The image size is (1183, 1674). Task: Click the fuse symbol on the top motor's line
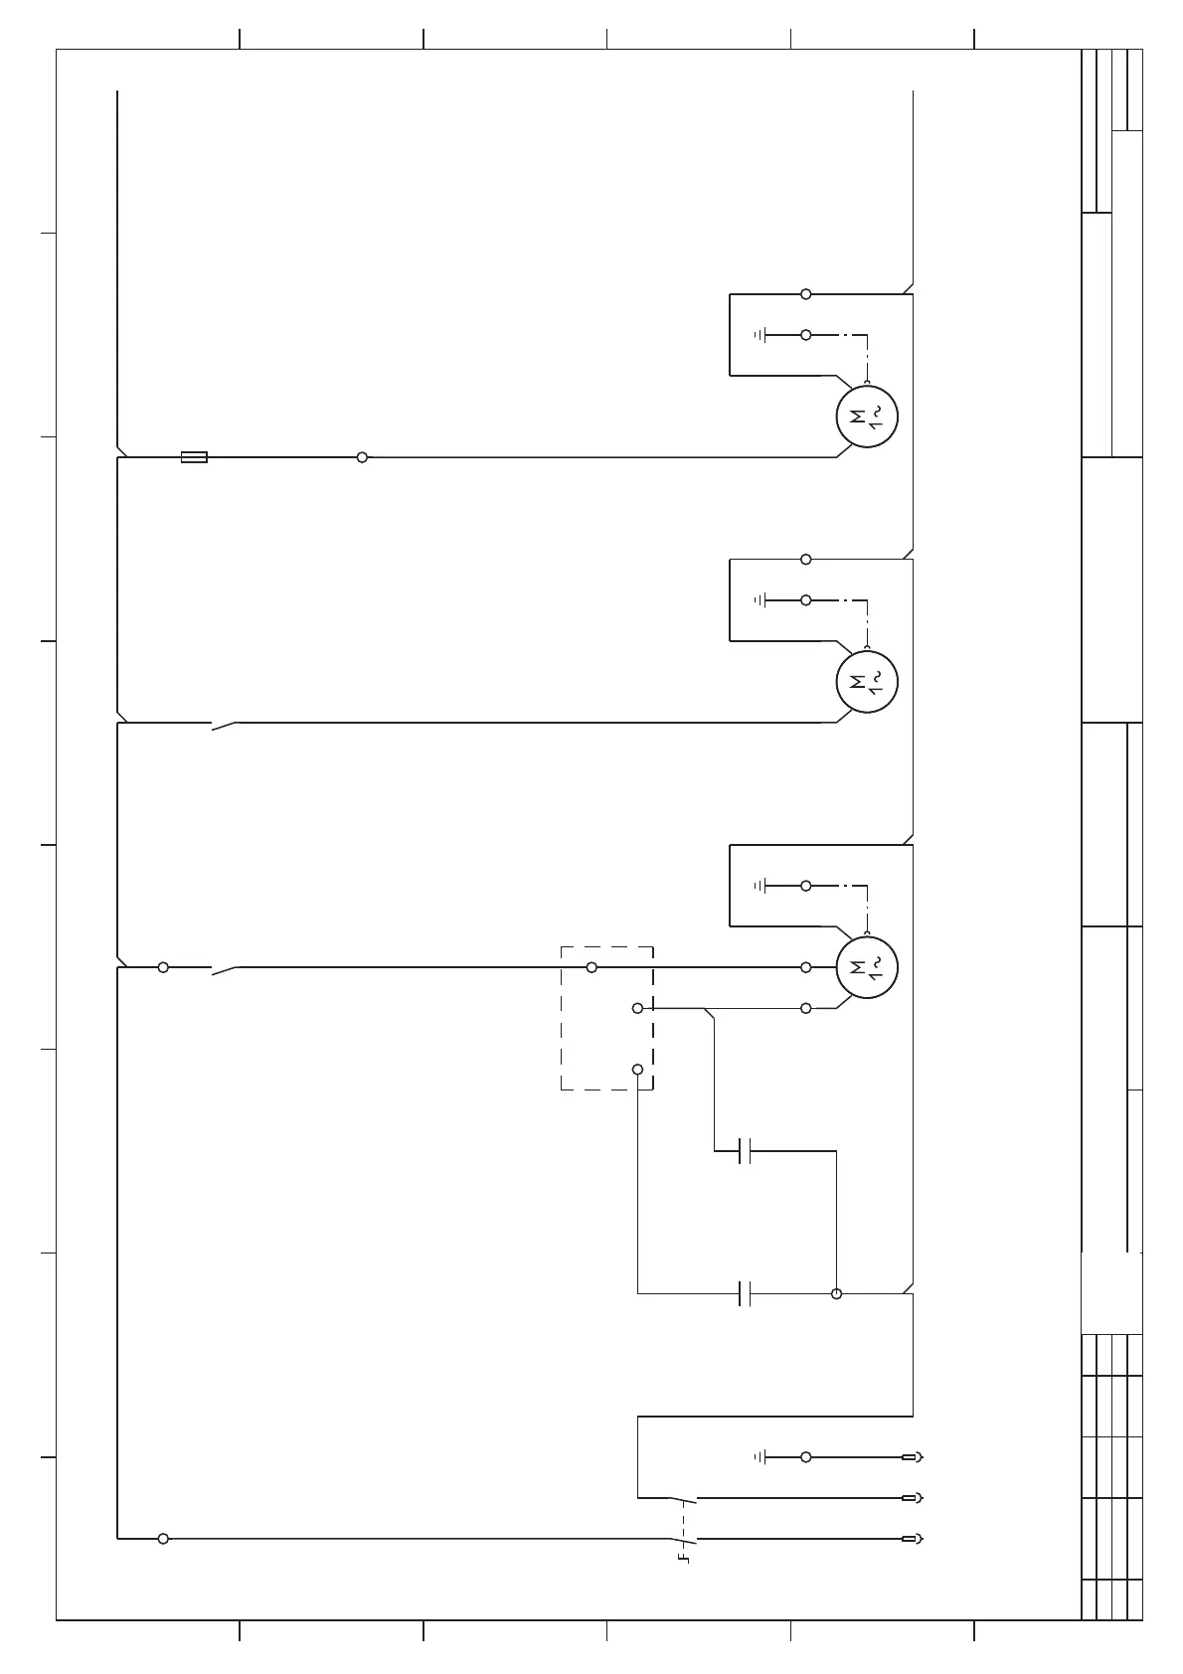[x=194, y=457]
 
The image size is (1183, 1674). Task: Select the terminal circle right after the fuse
[x=362, y=457]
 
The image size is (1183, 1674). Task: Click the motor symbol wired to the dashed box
[x=867, y=967]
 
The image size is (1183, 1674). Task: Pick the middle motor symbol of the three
[x=867, y=683]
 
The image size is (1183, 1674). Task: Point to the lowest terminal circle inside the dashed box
[x=637, y=1070]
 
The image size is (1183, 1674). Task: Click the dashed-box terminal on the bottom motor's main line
[x=591, y=967]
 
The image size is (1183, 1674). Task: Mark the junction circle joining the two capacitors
[x=836, y=1293]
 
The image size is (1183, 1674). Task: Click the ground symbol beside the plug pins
[x=760, y=1457]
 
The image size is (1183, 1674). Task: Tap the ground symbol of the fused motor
[x=760, y=335]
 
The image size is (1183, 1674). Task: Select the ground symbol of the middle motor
[x=760, y=600]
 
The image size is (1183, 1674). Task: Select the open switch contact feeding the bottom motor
[x=225, y=969]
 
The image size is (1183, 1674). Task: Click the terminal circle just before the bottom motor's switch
[x=163, y=967]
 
